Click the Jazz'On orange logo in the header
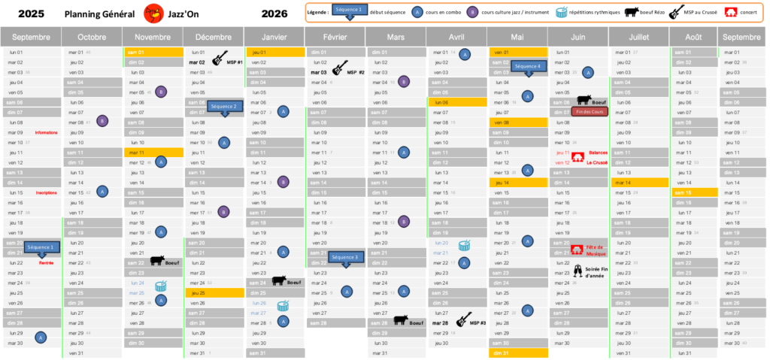click(153, 13)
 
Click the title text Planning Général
click(100, 14)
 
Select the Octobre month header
click(92, 37)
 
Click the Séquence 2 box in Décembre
click(223, 107)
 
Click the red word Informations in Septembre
click(46, 132)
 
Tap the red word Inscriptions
click(46, 192)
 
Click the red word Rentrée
click(46, 263)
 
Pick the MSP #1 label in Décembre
click(235, 62)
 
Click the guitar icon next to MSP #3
click(464, 319)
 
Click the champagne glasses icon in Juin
click(577, 270)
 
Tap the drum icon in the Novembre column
click(161, 285)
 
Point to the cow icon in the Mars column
click(401, 321)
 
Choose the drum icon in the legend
click(562, 12)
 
